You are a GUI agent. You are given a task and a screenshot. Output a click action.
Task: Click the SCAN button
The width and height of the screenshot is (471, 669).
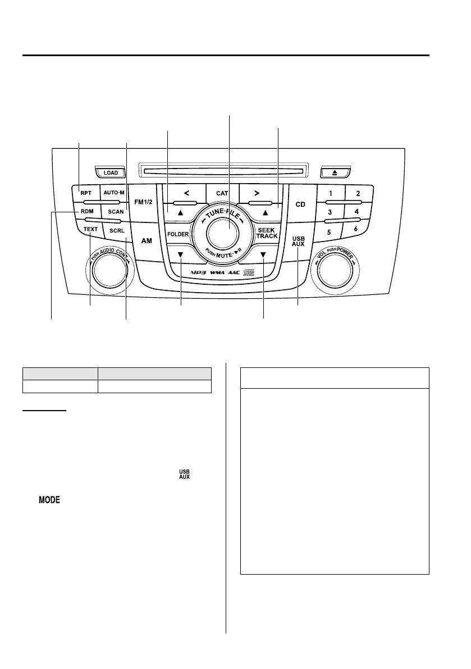116,212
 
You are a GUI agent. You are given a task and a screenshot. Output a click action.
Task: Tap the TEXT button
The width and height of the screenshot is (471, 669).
90,230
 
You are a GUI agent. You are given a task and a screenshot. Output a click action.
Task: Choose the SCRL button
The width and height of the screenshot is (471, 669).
117,231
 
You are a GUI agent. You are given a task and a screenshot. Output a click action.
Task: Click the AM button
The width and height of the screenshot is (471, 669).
147,240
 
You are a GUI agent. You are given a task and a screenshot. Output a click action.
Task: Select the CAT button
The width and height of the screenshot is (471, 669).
222,193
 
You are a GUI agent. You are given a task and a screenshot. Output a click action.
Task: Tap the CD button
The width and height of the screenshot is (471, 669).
300,204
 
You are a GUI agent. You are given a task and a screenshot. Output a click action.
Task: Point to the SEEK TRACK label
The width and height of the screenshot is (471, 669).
267,233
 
